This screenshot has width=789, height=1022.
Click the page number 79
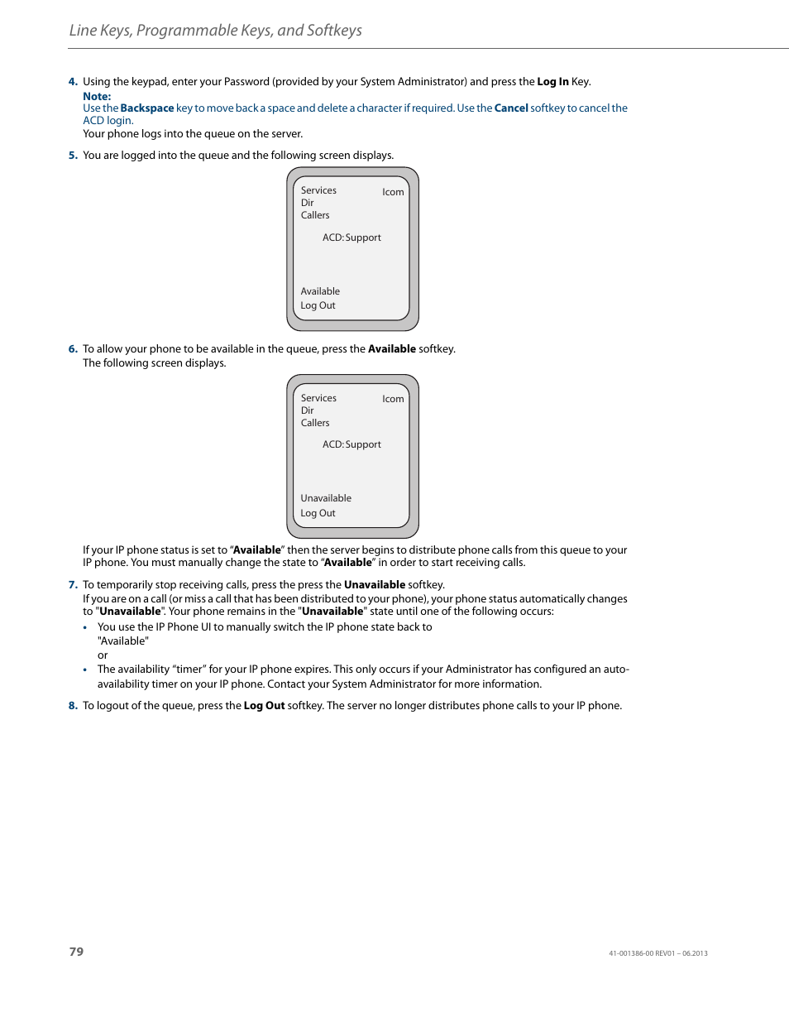[76, 952]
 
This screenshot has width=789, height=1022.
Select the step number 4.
[73, 82]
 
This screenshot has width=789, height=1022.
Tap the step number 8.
[73, 706]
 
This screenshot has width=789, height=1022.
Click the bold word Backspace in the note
[147, 108]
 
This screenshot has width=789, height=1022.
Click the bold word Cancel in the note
[511, 108]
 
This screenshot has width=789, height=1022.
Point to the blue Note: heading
[97, 97]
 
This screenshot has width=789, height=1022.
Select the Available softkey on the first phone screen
[320, 291]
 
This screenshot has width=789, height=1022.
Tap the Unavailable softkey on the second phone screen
[326, 498]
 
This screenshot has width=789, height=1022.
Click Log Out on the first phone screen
[318, 305]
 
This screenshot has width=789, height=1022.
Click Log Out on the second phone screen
[318, 513]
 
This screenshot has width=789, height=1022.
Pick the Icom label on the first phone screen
[393, 192]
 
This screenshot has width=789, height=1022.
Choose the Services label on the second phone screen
[318, 398]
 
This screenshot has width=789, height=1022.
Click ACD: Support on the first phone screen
[351, 238]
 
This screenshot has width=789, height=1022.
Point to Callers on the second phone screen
[315, 423]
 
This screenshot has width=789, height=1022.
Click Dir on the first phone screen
[307, 203]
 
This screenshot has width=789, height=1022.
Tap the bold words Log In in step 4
[552, 82]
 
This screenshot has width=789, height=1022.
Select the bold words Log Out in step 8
[264, 706]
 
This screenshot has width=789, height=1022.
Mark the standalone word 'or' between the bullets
[103, 655]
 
